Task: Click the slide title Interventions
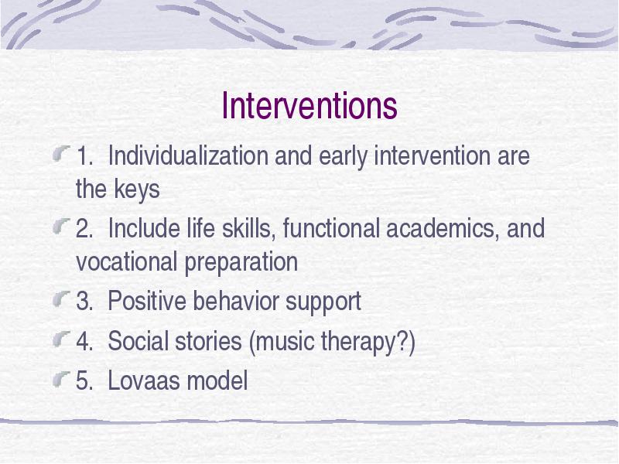[x=309, y=105]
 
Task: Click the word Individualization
[x=188, y=155]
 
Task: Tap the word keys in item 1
[x=137, y=190]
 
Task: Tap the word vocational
[x=126, y=261]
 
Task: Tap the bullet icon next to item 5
[x=62, y=378]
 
